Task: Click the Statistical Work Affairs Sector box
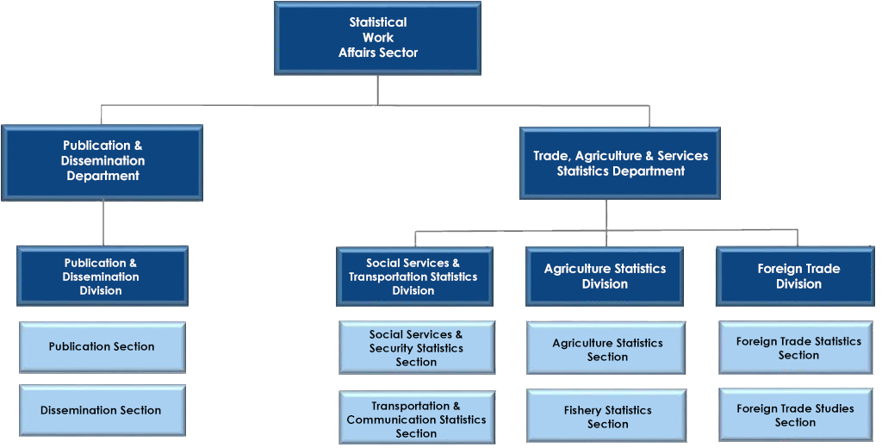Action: [x=377, y=38]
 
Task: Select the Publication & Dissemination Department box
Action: [x=102, y=162]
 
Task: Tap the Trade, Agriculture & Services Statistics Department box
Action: [x=620, y=163]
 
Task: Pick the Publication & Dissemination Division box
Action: [x=102, y=276]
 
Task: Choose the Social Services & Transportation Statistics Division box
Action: [x=414, y=277]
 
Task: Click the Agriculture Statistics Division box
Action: [x=605, y=277]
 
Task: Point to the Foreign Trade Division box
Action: [x=795, y=277]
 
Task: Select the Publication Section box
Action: [x=102, y=347]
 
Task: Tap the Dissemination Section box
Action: [x=102, y=410]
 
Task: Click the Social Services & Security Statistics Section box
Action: [x=417, y=348]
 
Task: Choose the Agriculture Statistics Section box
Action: [x=606, y=348]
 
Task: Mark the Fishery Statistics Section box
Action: [x=606, y=416]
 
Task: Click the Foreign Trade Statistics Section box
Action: [x=796, y=348]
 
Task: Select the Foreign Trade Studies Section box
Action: [x=796, y=414]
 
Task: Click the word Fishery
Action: [x=583, y=410]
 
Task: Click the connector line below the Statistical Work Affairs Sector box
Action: [x=377, y=90]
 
